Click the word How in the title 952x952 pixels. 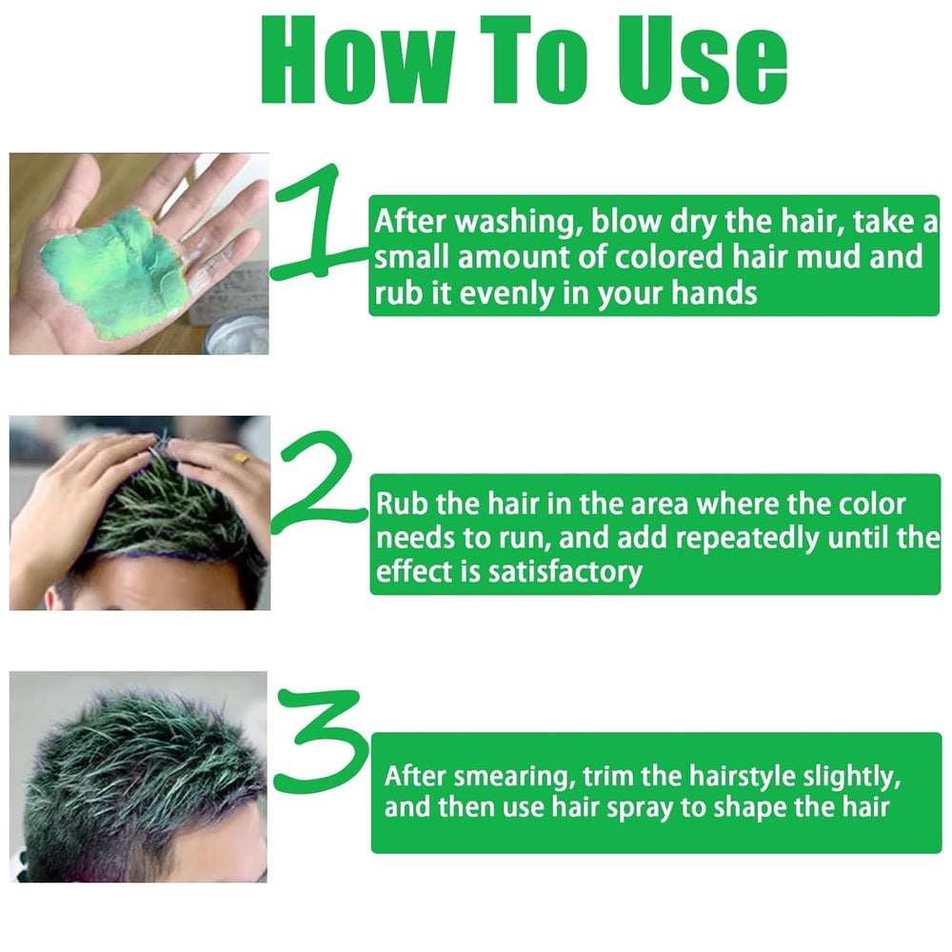point(351,60)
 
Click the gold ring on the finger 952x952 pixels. point(244,458)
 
